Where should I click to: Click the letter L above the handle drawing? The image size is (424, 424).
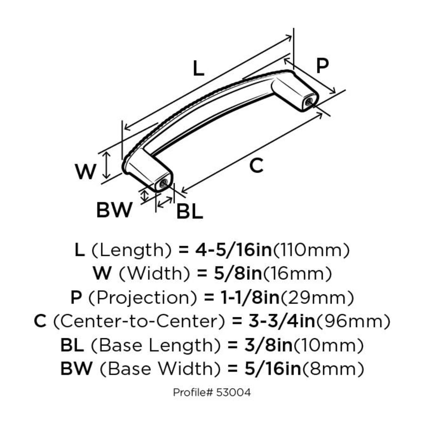tap(198, 69)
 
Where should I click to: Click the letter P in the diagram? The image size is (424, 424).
tap(322, 66)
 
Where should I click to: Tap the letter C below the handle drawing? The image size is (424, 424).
tap(256, 166)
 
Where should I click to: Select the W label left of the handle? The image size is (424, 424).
tap(86, 172)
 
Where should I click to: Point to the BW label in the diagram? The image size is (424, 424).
tap(114, 210)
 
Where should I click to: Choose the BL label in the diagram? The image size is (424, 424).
tap(189, 212)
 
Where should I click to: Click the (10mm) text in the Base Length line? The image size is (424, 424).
tap(332, 346)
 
